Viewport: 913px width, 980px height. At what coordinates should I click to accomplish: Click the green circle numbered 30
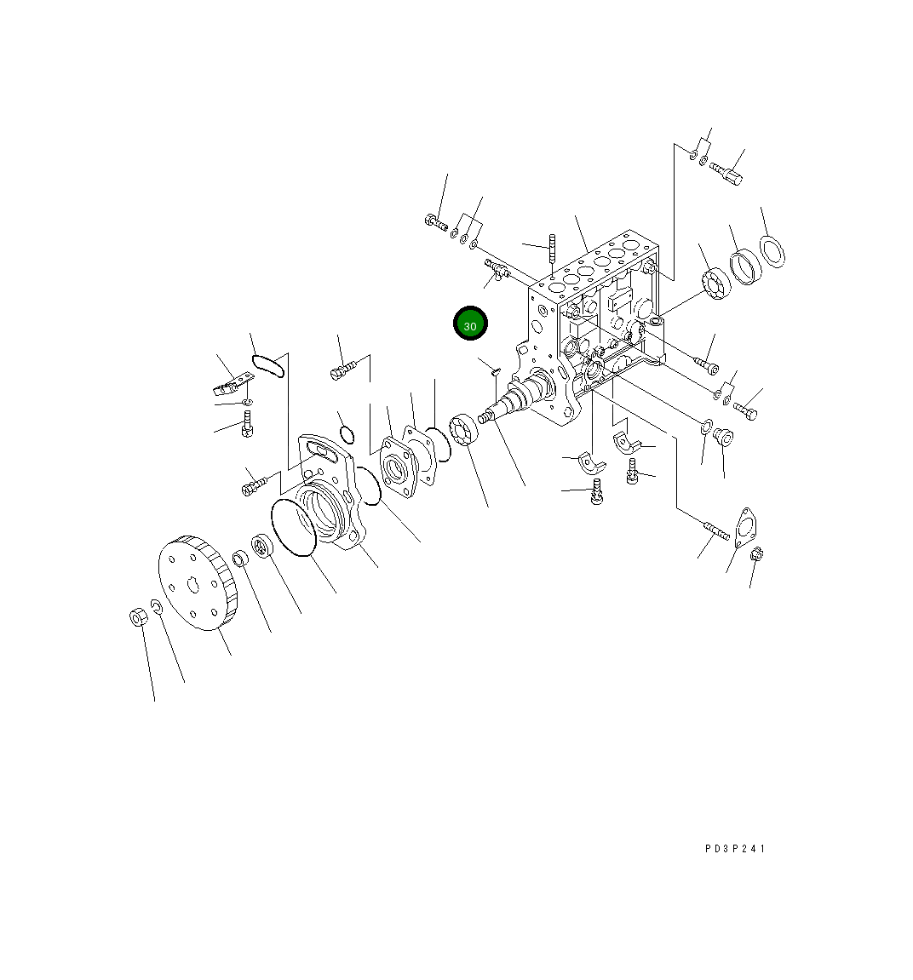pyautogui.click(x=469, y=324)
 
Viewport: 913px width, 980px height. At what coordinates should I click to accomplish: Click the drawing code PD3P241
pyautogui.click(x=735, y=849)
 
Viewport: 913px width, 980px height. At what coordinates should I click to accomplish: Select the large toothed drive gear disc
pyautogui.click(x=198, y=582)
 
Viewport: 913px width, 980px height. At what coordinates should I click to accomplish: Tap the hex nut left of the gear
pyautogui.click(x=138, y=617)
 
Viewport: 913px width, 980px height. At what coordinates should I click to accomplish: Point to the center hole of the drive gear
pyautogui.click(x=194, y=585)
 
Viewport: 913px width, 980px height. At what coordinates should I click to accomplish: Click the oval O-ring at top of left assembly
pyautogui.click(x=267, y=365)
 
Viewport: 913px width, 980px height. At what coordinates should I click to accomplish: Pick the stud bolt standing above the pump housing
pyautogui.click(x=552, y=249)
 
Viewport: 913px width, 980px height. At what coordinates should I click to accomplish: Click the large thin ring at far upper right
pyautogui.click(x=772, y=251)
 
